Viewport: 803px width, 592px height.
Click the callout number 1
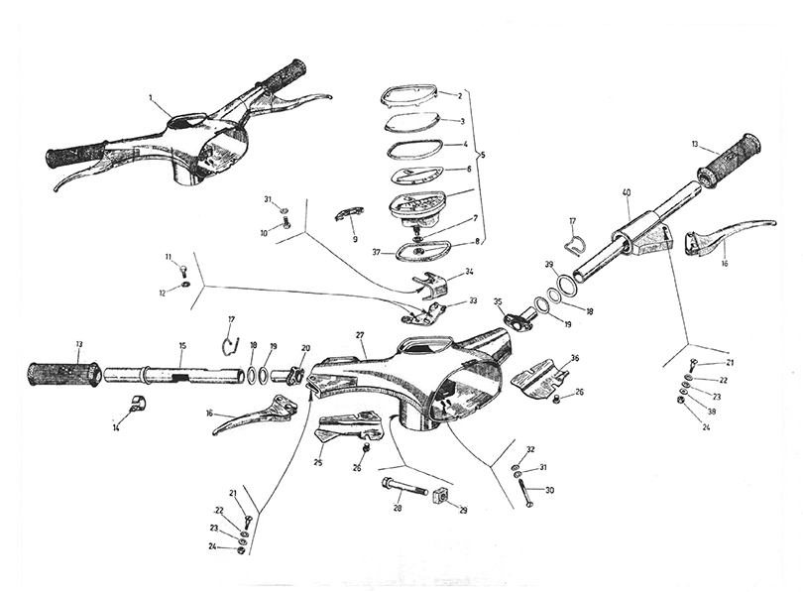[151, 97]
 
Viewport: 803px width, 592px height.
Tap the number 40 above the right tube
[627, 192]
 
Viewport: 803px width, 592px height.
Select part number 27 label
[360, 335]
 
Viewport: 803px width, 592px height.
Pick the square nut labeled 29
[440, 496]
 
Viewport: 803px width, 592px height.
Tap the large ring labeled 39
[567, 285]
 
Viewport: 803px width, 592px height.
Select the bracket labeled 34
[432, 285]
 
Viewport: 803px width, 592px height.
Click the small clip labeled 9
[349, 213]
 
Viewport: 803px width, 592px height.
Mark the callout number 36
[575, 359]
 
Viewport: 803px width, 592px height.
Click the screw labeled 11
[183, 268]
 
